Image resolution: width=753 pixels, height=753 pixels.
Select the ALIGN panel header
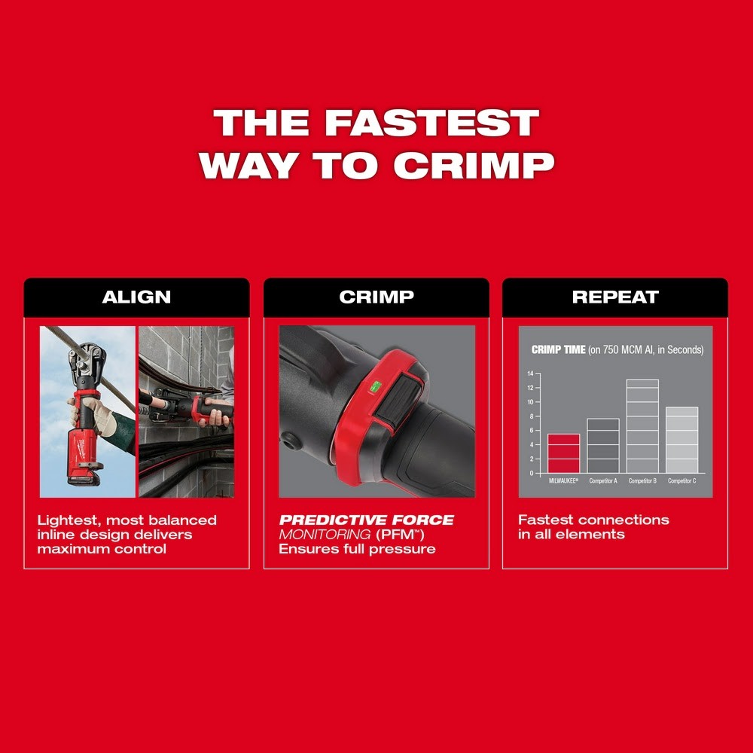coord(136,297)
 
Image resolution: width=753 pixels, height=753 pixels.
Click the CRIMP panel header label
coord(376,297)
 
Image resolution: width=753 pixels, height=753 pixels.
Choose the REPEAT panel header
coord(615,297)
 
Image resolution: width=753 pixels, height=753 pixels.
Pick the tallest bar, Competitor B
coord(642,426)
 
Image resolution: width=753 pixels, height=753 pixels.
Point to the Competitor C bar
coord(681,440)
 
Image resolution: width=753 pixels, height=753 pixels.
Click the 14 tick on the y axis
coord(530,374)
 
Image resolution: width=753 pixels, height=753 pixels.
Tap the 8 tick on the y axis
coord(530,416)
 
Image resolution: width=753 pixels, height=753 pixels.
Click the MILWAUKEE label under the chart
coord(563,480)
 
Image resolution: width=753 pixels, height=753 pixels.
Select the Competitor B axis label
coord(642,480)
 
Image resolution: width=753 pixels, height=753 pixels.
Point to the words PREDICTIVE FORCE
coord(367,520)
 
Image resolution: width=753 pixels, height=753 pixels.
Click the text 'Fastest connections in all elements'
coord(593,527)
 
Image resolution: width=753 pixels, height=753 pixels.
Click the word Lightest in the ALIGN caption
coord(65,520)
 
